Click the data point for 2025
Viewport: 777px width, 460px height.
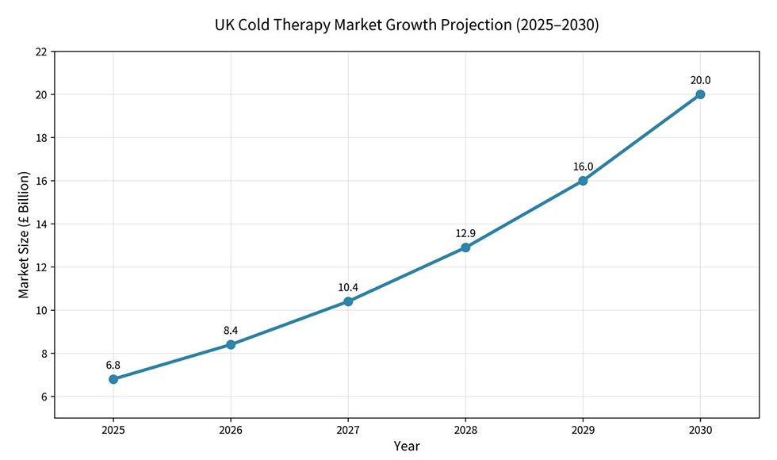click(x=113, y=379)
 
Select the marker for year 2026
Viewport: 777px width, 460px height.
click(x=231, y=344)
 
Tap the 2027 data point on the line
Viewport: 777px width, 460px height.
click(x=348, y=301)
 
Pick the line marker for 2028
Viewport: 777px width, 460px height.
click(x=465, y=247)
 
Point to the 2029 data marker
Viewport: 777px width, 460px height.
click(x=583, y=181)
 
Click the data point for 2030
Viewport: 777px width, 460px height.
click(x=700, y=94)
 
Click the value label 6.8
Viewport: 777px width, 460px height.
click(x=113, y=365)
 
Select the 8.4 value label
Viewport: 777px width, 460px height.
click(x=231, y=330)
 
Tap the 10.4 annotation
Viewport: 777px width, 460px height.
click(x=348, y=287)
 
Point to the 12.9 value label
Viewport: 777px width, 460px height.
click(x=465, y=233)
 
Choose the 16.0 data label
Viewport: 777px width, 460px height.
click(x=583, y=167)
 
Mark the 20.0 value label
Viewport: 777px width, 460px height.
click(x=700, y=80)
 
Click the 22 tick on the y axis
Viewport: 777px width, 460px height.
click(x=40, y=52)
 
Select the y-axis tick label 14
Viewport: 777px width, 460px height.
click(x=40, y=224)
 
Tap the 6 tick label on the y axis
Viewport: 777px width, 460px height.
click(x=44, y=397)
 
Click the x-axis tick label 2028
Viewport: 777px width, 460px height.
click(x=465, y=430)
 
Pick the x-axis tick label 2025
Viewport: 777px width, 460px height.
click(x=113, y=430)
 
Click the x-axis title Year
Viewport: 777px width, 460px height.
click(x=407, y=447)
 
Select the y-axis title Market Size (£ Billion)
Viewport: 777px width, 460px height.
click(x=24, y=235)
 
